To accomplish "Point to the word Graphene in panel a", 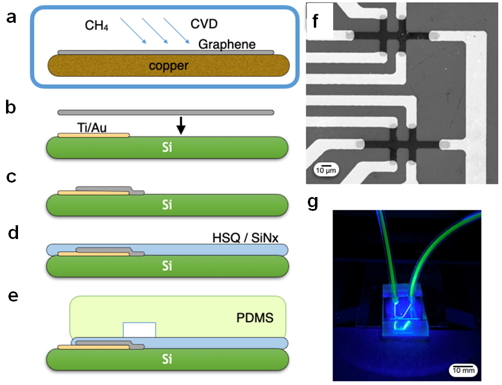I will point(228,44).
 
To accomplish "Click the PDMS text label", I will point(254,315).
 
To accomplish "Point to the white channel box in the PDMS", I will point(139,330).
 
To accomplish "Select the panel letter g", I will point(313,202).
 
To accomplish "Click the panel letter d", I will point(11,232).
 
